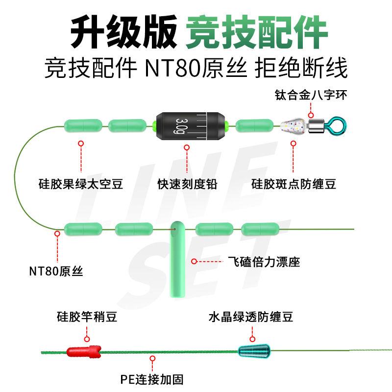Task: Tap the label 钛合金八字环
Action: click(x=311, y=95)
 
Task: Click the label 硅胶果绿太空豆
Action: click(x=80, y=184)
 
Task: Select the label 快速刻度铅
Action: click(x=187, y=184)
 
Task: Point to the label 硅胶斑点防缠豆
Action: click(x=294, y=184)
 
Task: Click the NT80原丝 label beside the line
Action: click(x=56, y=270)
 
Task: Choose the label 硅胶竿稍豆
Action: click(x=87, y=318)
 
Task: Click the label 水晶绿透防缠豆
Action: click(x=251, y=318)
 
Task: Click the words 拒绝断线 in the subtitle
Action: click(x=301, y=68)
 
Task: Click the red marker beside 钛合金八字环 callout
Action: click(x=310, y=115)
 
